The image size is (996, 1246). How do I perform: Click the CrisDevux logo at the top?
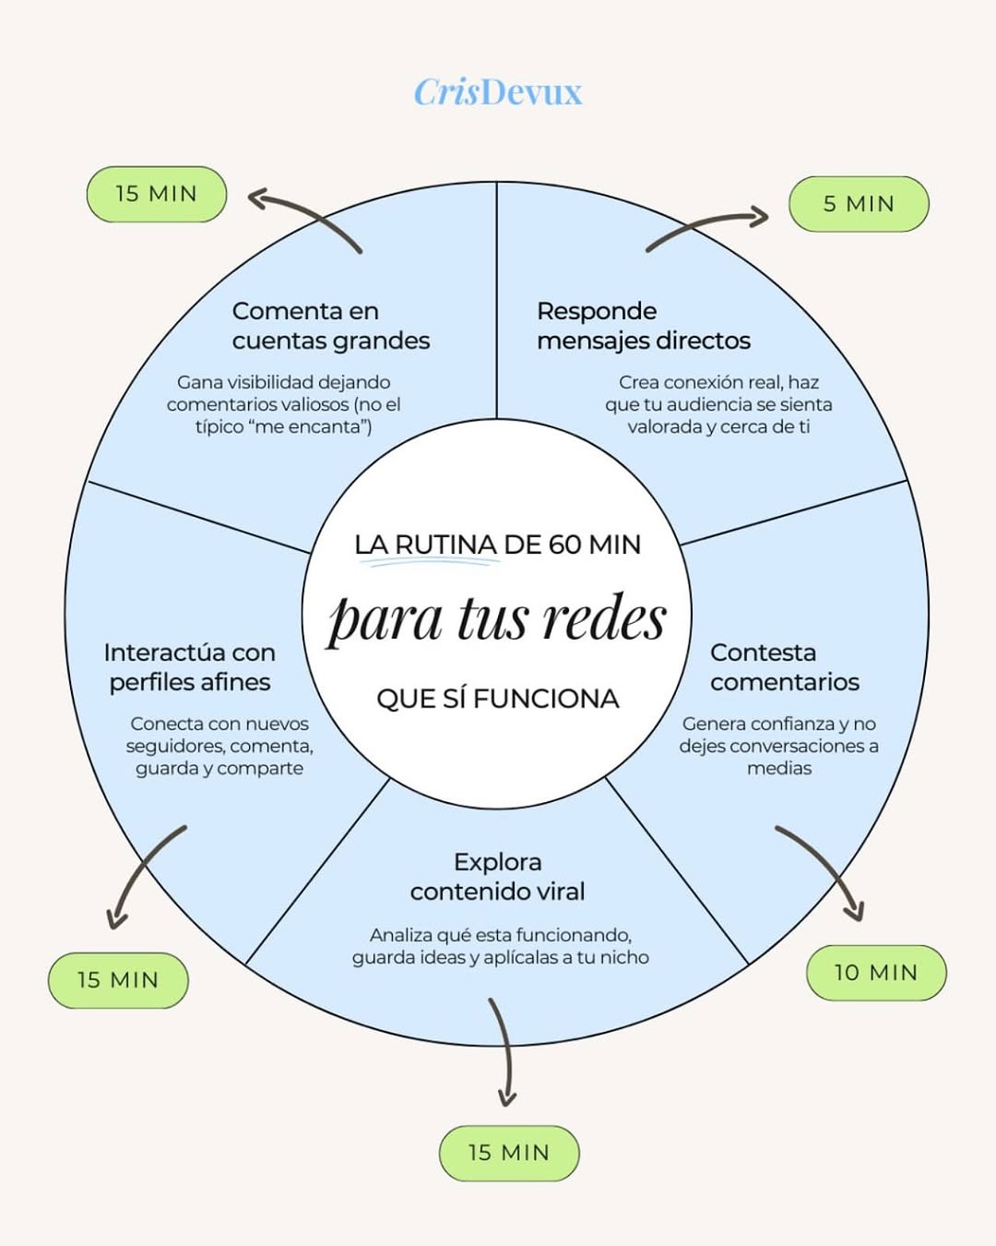tap(498, 92)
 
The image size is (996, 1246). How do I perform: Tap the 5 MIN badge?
tap(859, 204)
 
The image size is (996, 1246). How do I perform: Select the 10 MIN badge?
tap(876, 973)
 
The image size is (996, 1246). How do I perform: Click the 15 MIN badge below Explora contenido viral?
tap(509, 1153)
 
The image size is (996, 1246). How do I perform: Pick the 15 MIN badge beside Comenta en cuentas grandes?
tap(157, 194)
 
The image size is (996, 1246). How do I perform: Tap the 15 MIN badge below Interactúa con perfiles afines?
tap(118, 980)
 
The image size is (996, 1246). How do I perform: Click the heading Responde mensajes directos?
tap(643, 326)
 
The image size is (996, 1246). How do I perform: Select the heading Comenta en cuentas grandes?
tap(330, 326)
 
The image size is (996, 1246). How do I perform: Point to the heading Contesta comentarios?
tap(784, 667)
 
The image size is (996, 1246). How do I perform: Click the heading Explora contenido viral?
tap(498, 877)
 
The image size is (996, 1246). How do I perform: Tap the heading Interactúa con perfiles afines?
tap(190, 667)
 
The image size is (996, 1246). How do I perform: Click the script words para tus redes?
tap(498, 618)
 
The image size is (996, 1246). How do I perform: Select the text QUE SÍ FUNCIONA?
tap(498, 699)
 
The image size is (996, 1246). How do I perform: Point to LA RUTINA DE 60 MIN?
tap(498, 545)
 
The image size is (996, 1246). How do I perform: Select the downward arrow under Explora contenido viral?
tap(504, 1052)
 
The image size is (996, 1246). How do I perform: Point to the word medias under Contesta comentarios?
tap(779, 768)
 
